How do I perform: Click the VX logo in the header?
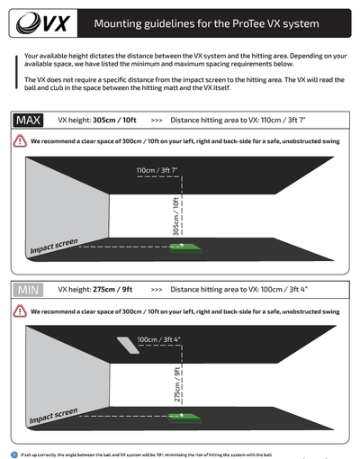click(39, 21)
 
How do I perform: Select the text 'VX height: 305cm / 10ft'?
click(97, 119)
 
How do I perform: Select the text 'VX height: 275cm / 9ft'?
click(94, 290)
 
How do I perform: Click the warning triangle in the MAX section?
click(20, 140)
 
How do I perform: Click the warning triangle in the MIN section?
click(20, 311)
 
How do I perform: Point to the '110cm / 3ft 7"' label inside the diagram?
click(158, 170)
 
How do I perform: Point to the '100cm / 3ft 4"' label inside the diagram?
click(159, 339)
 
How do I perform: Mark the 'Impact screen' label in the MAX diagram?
click(53, 246)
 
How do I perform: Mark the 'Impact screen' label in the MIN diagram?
click(53, 416)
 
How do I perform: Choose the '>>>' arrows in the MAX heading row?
click(157, 119)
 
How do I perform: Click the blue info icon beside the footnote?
click(13, 454)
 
